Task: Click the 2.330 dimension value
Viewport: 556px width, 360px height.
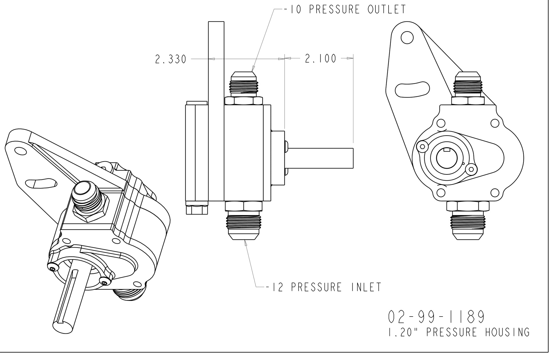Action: coord(171,59)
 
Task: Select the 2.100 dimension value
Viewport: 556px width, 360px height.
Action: coord(321,59)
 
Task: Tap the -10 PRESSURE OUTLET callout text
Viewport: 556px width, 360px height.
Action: coord(345,9)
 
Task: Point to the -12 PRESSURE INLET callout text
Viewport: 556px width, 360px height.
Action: coord(323,287)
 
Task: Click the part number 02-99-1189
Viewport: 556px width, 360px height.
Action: coord(436,317)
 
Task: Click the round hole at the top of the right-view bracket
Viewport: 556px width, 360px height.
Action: coord(407,37)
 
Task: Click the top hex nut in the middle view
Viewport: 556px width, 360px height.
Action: coord(244,101)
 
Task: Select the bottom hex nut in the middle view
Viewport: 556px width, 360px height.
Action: coord(244,206)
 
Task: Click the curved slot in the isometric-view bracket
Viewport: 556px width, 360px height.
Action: coord(41,184)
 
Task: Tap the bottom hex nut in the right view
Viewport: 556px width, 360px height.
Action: coord(468,206)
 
